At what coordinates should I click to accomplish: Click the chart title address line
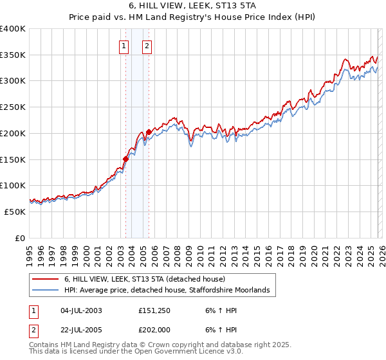[x=193, y=6]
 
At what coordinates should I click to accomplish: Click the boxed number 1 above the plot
[x=123, y=46]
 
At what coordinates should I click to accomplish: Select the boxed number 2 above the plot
[x=147, y=46]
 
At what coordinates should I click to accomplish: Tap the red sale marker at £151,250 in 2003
[x=126, y=159]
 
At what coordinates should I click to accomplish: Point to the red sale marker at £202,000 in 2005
[x=149, y=132]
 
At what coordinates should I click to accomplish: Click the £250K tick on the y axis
[x=13, y=107]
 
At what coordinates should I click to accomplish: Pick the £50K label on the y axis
[x=15, y=212]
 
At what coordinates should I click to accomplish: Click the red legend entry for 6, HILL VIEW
[x=144, y=279]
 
